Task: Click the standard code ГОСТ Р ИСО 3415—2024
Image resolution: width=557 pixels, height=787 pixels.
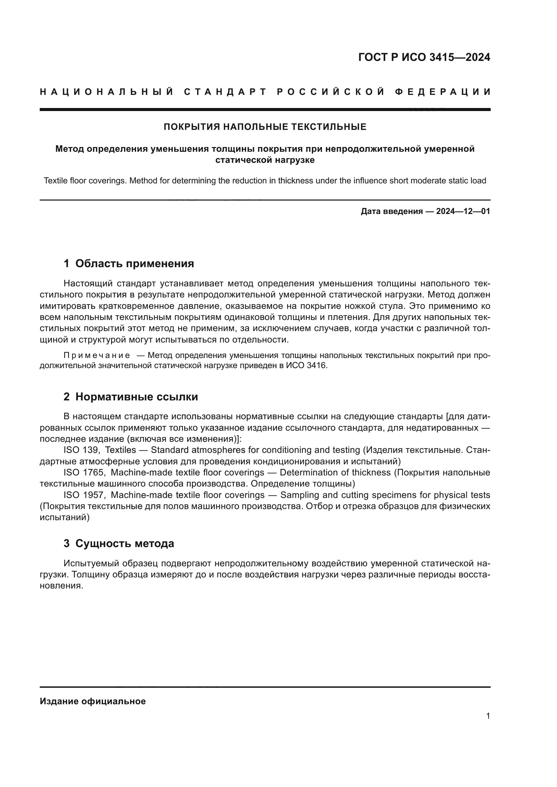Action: pyautogui.click(x=424, y=57)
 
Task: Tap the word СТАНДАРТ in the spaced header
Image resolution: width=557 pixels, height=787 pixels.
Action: pyautogui.click(x=225, y=92)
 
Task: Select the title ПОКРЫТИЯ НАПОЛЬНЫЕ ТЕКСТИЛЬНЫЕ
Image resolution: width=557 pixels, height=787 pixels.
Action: pyautogui.click(x=265, y=127)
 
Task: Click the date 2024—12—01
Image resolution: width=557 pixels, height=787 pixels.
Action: pyautogui.click(x=463, y=211)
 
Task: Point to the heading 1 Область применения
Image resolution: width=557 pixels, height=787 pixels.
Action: pyautogui.click(x=129, y=263)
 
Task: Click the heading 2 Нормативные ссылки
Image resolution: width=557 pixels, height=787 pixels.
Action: pyautogui.click(x=131, y=397)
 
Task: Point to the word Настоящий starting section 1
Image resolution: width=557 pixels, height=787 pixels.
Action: pyautogui.click(x=88, y=283)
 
